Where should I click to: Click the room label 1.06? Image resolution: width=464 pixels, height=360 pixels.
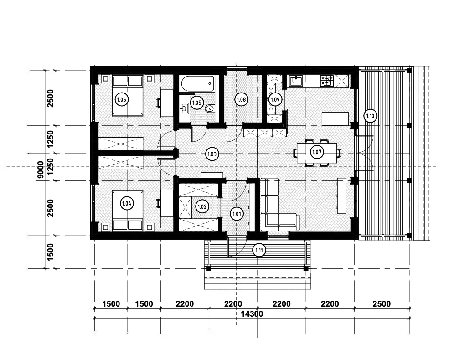click(x=122, y=100)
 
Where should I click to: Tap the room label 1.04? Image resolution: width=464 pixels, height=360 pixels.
click(x=127, y=204)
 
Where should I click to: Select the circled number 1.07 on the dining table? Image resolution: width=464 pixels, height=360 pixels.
click(x=317, y=152)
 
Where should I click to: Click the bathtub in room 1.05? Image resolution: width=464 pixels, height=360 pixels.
click(x=197, y=84)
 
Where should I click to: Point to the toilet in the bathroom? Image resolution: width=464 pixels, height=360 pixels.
click(x=209, y=109)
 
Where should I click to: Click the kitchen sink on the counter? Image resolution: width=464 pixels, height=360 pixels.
click(x=295, y=81)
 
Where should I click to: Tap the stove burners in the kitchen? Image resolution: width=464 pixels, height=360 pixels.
click(x=327, y=81)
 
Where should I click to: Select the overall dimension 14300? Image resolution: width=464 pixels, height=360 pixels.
click(x=252, y=314)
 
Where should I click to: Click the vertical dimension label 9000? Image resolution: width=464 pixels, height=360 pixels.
click(x=41, y=170)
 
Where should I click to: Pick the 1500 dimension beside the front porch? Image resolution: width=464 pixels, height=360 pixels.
click(x=50, y=252)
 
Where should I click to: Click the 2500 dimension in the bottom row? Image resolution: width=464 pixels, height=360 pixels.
click(x=382, y=304)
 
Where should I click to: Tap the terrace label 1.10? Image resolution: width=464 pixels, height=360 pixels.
click(x=370, y=116)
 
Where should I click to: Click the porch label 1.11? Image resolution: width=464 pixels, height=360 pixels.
click(x=259, y=251)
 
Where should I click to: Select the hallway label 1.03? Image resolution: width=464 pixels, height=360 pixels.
click(x=212, y=154)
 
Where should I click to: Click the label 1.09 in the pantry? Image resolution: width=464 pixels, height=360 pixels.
click(x=275, y=99)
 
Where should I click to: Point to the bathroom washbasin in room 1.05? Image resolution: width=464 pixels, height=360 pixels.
click(x=184, y=108)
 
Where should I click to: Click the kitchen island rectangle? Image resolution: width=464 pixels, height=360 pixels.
click(x=335, y=119)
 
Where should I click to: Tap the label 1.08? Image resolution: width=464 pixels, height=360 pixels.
click(x=241, y=100)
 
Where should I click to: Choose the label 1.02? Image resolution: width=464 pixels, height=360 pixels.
click(x=202, y=206)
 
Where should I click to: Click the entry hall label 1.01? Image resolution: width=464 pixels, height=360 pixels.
click(x=237, y=214)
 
